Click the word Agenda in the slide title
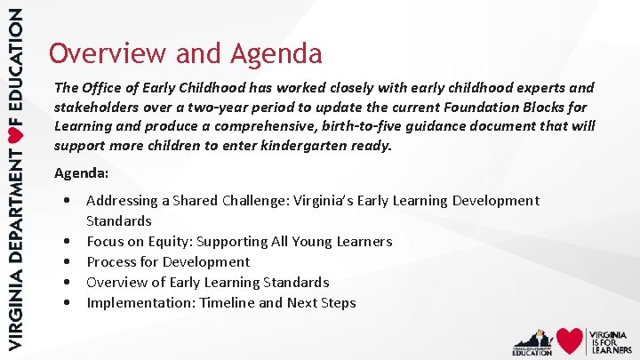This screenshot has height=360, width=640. coord(276,54)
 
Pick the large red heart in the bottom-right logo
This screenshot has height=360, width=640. coord(570,340)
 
